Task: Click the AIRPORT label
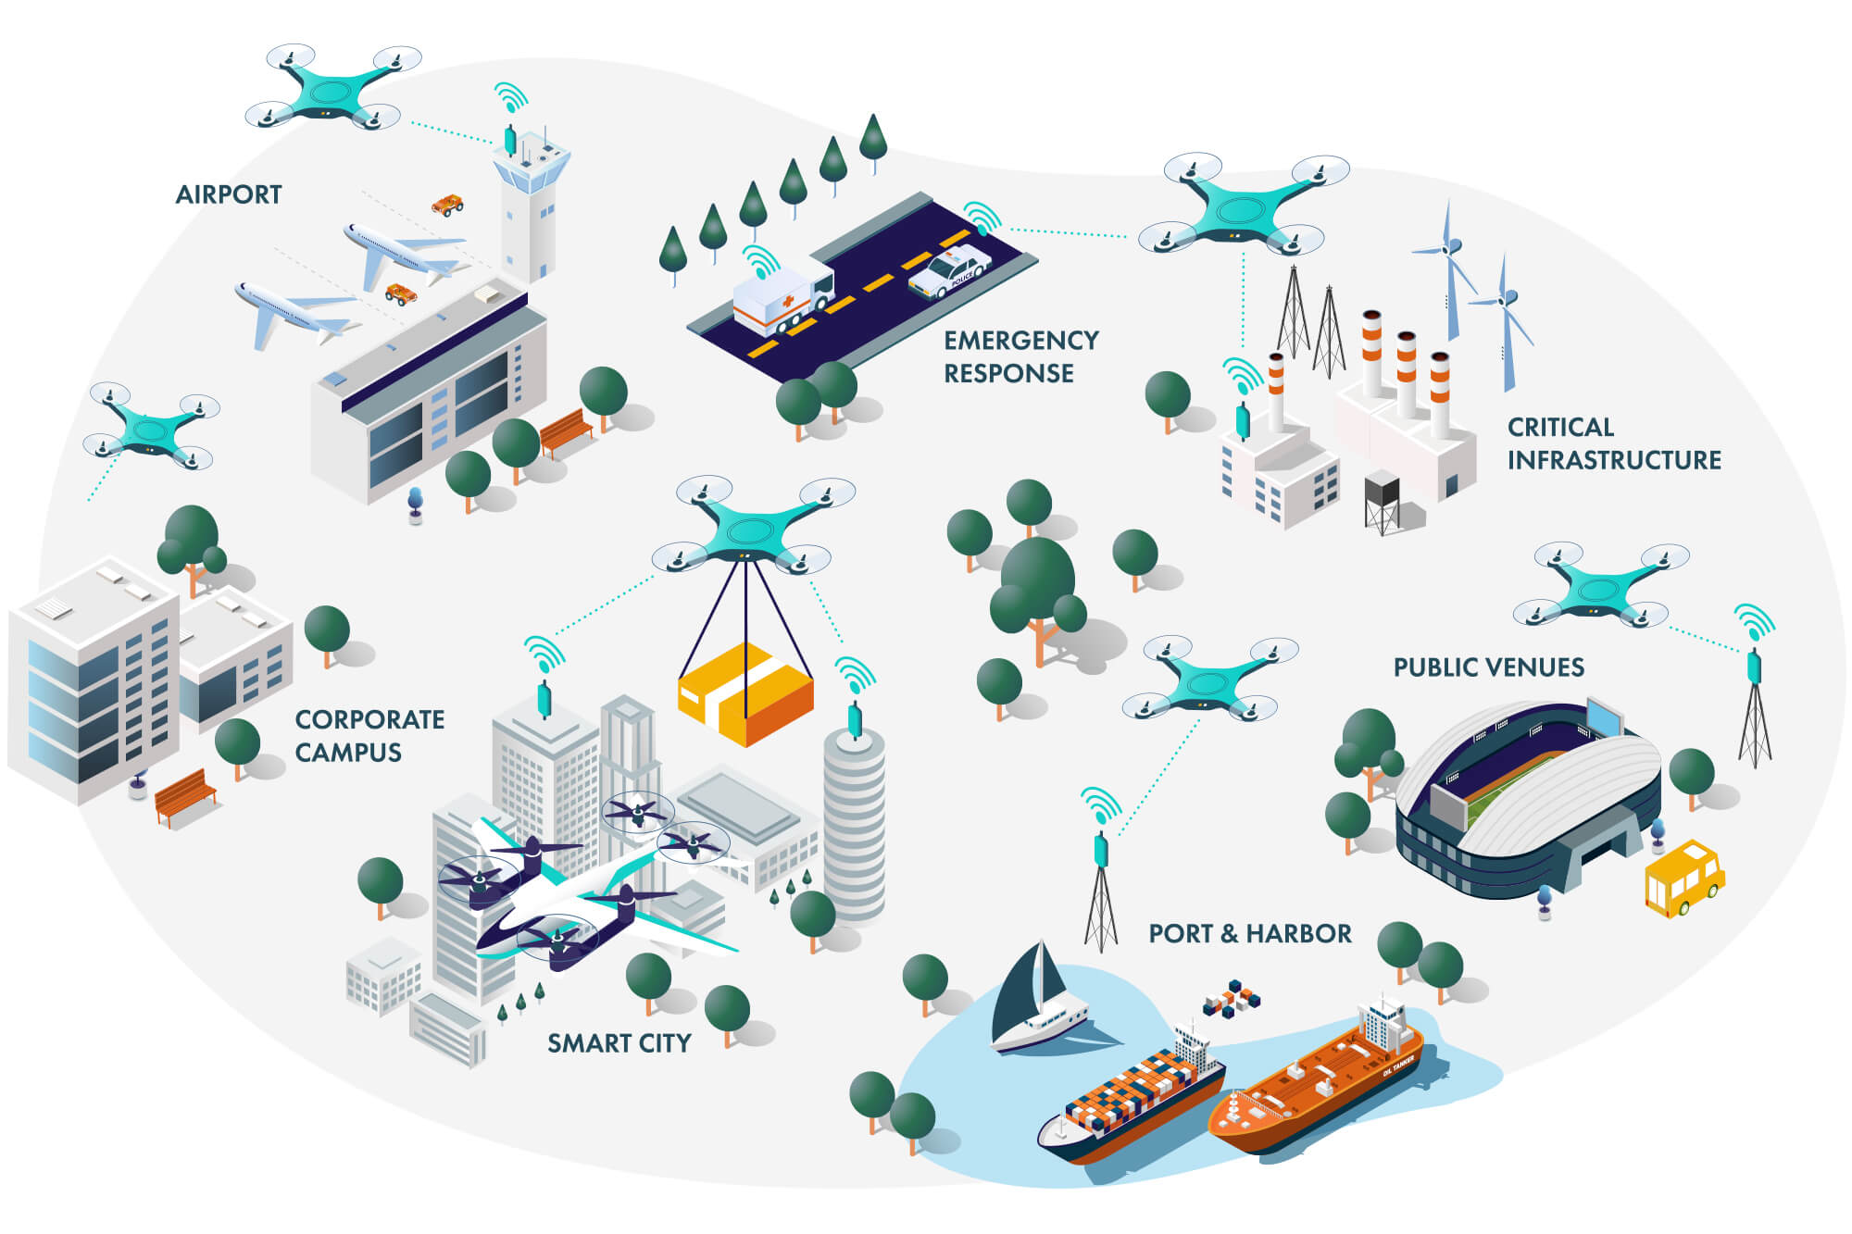[x=229, y=194]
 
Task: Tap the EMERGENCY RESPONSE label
[x=1020, y=356]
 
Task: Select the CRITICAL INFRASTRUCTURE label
[x=1613, y=443]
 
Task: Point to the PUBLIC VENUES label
[x=1488, y=667]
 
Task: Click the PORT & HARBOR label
[x=1249, y=933]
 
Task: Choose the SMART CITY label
[x=619, y=1043]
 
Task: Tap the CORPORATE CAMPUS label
[x=369, y=736]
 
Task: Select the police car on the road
[x=949, y=270]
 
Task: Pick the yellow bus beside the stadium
[x=1683, y=877]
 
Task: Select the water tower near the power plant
[x=1382, y=500]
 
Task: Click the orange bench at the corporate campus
[x=185, y=794]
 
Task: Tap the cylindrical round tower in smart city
[x=854, y=824]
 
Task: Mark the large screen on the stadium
[x=1605, y=718]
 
